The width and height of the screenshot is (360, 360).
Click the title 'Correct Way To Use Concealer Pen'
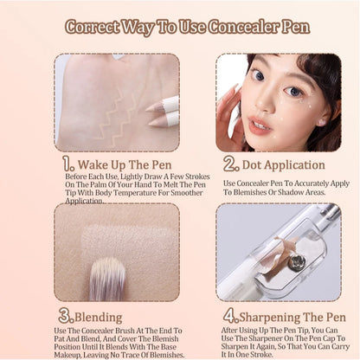point(180,26)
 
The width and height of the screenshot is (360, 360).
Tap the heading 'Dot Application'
point(275,164)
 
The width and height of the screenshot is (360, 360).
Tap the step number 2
point(231,163)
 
